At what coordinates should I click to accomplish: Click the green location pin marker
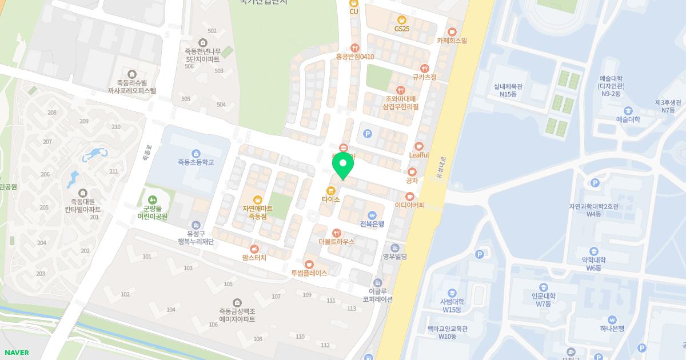(343, 165)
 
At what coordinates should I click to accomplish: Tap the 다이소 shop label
(331, 199)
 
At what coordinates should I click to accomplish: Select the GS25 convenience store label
(402, 29)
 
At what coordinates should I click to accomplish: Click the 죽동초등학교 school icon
(196, 153)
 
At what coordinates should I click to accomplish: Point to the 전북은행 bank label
(372, 223)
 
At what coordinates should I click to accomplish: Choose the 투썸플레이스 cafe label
(309, 273)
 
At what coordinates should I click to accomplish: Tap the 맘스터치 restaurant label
(254, 258)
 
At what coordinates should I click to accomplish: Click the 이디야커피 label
(410, 205)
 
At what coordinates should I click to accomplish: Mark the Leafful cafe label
(419, 155)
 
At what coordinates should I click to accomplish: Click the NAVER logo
(17, 353)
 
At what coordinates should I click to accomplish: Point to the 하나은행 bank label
(612, 329)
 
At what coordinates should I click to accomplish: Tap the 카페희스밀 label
(452, 41)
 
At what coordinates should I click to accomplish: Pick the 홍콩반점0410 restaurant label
(355, 57)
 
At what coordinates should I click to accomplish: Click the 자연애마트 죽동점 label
(258, 213)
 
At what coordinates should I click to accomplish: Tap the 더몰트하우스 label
(337, 242)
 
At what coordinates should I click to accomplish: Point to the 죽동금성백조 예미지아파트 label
(237, 315)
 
